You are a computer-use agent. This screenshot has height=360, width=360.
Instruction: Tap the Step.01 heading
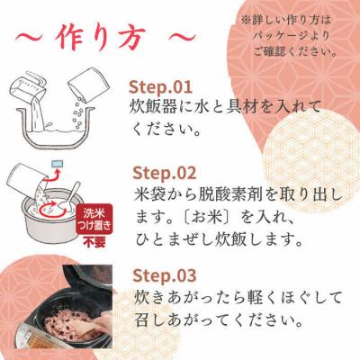pyautogui.click(x=161, y=87)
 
